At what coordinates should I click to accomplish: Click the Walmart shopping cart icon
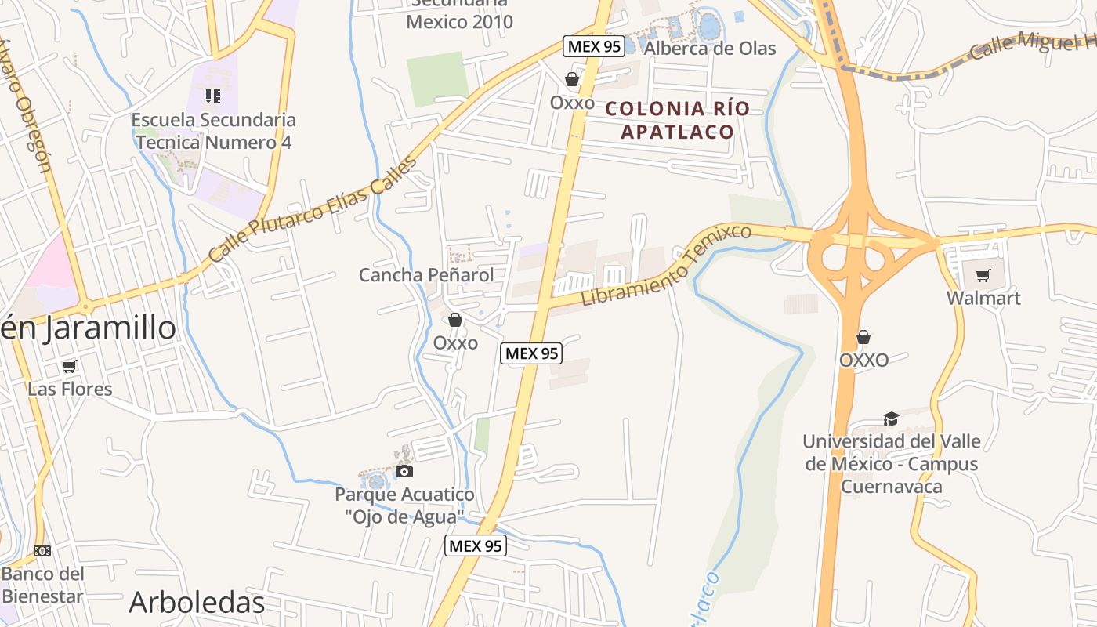point(983,275)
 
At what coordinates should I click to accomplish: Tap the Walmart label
point(983,299)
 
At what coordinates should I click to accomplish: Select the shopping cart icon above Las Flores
point(70,366)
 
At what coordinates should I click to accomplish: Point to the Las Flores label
point(70,389)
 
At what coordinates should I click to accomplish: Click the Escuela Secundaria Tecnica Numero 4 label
point(213,131)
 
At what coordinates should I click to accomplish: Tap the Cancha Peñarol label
point(426,275)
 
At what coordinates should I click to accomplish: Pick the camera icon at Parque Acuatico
point(404,471)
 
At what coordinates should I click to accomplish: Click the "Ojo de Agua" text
point(404,516)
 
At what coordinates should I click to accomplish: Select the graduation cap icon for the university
point(891,419)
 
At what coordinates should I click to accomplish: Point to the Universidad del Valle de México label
point(891,464)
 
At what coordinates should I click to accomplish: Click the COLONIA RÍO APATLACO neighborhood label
point(677,120)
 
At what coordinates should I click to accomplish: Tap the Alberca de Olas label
point(710,49)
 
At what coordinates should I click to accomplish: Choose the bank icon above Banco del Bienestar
point(42,551)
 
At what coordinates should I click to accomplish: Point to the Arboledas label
point(197,603)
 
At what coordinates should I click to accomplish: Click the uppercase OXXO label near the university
point(863,361)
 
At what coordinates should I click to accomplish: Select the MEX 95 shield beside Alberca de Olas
point(593,46)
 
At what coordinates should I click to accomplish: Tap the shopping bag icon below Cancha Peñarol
point(454,320)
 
